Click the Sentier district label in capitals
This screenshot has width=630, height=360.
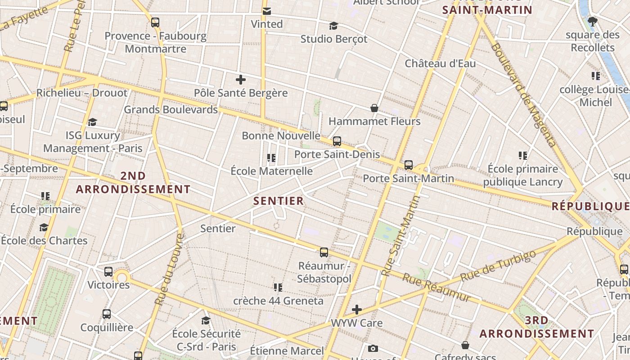[x=279, y=201]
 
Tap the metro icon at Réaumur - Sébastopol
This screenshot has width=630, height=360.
[x=324, y=252]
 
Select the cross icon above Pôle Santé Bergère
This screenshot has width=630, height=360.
[x=241, y=80]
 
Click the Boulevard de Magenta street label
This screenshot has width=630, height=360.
[x=524, y=94]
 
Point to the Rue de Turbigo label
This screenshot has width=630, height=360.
[x=498, y=265]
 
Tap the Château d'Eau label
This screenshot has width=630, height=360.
[x=440, y=63]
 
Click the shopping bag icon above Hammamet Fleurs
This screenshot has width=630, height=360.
[x=374, y=108]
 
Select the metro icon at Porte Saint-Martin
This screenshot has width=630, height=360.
[x=408, y=165]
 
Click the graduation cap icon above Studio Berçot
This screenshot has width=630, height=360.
[x=333, y=26]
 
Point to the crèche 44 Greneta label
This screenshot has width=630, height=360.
[x=278, y=301]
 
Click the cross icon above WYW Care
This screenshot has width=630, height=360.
[x=357, y=310]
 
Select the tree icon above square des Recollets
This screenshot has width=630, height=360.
[x=593, y=21]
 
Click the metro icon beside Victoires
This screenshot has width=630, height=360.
[x=108, y=272]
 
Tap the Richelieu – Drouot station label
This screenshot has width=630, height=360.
[x=82, y=93]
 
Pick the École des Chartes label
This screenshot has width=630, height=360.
[x=44, y=240]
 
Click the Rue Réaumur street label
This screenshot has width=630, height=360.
[x=436, y=288]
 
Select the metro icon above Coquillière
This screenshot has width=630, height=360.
[x=107, y=314]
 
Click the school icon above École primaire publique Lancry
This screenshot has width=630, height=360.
[x=522, y=156]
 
